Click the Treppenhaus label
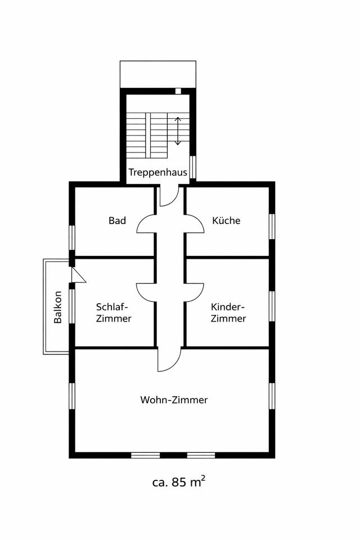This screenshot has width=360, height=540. tap(157, 172)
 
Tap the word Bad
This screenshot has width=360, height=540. tap(118, 220)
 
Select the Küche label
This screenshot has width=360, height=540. tap(226, 220)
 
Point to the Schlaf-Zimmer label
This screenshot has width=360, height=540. tap(114, 313)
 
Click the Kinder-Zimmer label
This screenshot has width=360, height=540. tap(228, 313)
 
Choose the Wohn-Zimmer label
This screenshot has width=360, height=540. tap(174, 400)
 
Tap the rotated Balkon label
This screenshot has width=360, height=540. tap(58, 307)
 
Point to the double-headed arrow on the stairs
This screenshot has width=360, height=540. tap(178, 131)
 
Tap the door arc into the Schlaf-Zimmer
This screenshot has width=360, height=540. tap(145, 291)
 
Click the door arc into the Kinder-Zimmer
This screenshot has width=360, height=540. tap(195, 291)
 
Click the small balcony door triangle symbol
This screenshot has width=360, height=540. tap(78, 275)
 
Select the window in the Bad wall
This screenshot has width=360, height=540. tap(72, 237)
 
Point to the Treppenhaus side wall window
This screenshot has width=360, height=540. tap(192, 166)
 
